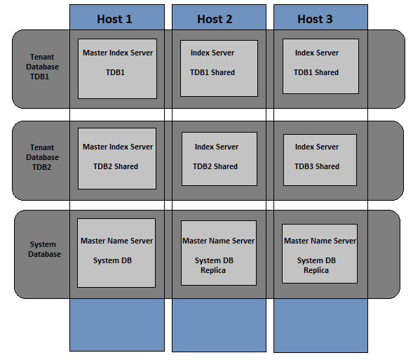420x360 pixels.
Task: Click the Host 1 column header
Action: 116,18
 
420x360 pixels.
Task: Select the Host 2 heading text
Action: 215,19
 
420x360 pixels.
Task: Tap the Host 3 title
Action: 315,19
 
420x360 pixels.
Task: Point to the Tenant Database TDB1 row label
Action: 43,67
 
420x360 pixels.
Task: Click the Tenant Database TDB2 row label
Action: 43,157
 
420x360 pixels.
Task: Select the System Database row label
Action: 43,249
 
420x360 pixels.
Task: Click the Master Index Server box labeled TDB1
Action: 117,68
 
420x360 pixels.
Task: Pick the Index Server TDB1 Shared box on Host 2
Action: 219,68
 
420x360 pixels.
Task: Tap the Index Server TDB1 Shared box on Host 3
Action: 320,67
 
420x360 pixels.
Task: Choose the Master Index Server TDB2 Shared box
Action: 117,159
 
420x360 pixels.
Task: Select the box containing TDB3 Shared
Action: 319,159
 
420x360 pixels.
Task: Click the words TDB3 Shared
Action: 316,166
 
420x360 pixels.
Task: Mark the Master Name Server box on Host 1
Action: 116,253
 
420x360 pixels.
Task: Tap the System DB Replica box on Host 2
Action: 219,253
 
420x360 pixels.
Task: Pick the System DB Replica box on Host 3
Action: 319,253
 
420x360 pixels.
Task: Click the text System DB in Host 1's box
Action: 112,260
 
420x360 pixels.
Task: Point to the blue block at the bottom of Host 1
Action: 116,324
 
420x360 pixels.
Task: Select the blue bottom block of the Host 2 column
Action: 219,324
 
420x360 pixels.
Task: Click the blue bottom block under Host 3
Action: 320,324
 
